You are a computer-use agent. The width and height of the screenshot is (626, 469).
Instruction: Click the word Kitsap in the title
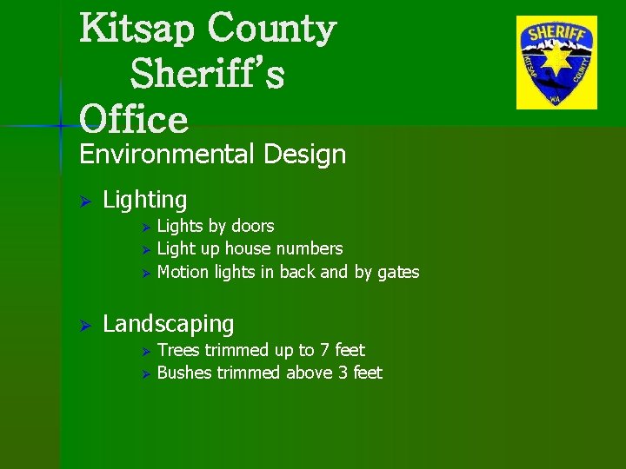(138, 30)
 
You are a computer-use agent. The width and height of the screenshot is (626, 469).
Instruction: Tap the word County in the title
(270, 30)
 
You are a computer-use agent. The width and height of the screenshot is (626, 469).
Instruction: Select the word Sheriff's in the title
(207, 76)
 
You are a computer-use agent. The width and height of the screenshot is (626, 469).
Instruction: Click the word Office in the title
(133, 119)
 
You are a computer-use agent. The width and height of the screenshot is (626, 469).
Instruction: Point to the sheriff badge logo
(556, 63)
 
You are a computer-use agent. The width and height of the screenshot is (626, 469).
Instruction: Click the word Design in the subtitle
(302, 155)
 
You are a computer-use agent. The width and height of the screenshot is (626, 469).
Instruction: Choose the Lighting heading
(144, 201)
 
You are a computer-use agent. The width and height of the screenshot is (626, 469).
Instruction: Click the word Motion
(183, 273)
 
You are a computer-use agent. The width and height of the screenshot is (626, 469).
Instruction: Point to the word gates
(398, 273)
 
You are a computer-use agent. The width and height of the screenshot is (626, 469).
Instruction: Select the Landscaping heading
(168, 325)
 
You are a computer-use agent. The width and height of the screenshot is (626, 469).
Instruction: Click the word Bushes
(184, 373)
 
